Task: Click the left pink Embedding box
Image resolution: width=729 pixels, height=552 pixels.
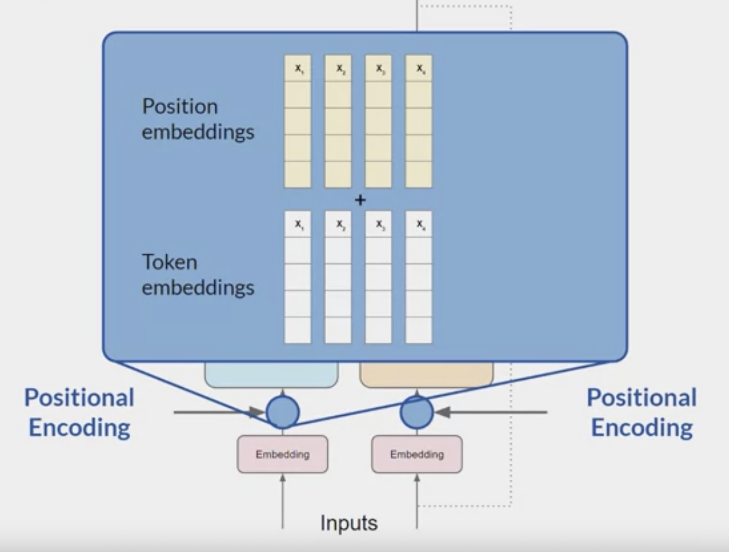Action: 282,454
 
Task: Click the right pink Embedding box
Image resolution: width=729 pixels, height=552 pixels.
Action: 417,454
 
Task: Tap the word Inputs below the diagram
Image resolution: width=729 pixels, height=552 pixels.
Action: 349,523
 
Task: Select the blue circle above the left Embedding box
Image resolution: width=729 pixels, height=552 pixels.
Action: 282,412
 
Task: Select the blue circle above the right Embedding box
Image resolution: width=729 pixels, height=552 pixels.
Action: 417,412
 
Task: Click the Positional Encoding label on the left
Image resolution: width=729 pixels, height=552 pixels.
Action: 80,413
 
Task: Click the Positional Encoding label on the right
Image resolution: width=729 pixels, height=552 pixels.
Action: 641,413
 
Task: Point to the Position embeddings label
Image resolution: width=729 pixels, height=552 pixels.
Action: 198,119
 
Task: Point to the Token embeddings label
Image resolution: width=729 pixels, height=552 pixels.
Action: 198,275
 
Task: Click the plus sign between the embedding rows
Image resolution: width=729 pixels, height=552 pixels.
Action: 360,199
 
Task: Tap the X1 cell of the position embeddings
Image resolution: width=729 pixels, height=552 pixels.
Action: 298,69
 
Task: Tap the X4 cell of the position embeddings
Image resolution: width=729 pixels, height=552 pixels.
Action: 419,69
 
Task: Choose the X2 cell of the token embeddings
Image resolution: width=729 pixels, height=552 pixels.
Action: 338,224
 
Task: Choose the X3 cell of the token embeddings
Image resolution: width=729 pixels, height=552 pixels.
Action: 378,224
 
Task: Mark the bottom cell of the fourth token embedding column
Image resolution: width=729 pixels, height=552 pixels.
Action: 419,330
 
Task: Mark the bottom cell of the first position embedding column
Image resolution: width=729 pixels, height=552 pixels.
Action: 298,174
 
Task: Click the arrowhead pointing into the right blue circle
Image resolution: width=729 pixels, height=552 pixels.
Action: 442,412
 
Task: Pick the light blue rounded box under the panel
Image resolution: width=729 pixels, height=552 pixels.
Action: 271,374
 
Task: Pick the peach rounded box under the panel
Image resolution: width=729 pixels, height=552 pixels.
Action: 426,374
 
